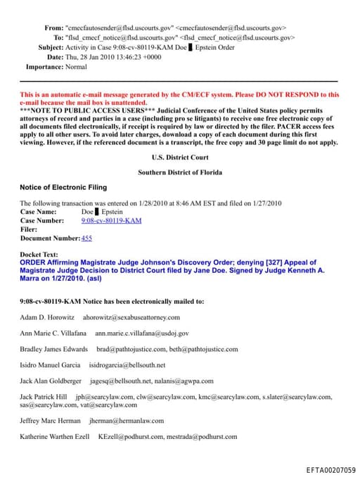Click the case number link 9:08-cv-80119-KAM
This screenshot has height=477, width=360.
111,220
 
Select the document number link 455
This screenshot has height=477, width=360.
86,238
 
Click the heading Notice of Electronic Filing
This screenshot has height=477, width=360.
63,187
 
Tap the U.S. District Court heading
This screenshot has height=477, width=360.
180,157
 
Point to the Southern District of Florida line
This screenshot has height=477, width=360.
179,172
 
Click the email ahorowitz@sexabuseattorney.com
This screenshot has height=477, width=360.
131,317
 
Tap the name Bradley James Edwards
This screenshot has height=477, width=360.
54,349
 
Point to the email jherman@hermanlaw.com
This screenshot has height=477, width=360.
127,421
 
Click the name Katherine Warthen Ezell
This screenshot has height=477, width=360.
55,437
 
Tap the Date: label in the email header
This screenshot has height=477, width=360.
55,57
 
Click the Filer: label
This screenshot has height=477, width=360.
29,229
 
